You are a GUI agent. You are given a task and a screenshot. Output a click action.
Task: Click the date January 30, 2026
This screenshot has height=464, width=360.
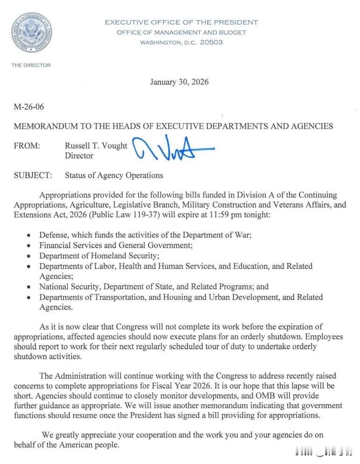coord(179,82)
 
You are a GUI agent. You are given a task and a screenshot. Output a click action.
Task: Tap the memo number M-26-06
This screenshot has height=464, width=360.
coord(29,107)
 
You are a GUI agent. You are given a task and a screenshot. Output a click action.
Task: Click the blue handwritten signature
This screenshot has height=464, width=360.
coord(172,148)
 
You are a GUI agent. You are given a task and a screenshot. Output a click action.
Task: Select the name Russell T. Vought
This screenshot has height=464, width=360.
coord(96,146)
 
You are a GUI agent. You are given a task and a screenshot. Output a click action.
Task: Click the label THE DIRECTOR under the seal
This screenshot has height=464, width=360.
coord(31,65)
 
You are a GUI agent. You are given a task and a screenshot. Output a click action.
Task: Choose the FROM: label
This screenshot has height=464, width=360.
coord(27,146)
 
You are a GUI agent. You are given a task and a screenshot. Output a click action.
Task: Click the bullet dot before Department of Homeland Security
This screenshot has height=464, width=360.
coord(28,256)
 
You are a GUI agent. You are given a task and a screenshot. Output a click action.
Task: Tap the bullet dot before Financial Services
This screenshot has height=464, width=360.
coord(28,246)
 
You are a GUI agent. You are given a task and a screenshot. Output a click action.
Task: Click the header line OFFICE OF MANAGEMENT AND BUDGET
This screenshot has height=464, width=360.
coord(181,32)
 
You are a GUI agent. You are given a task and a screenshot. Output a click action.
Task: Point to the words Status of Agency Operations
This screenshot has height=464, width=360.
coord(114,175)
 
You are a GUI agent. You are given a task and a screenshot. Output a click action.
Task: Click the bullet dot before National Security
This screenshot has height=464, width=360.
coord(28,287)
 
